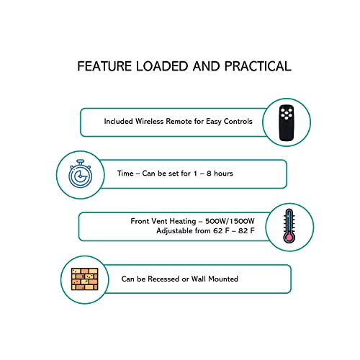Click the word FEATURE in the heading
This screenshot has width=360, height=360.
coord(104,66)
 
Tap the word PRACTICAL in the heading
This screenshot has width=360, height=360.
coord(258,66)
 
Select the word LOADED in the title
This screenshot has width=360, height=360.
coord(162,66)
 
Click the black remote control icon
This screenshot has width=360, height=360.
coord(287,122)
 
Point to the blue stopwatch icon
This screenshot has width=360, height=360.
coord(81,174)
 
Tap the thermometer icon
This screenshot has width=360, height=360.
coord(289,225)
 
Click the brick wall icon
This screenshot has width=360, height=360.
coord(84,279)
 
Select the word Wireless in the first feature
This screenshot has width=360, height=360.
coord(149,121)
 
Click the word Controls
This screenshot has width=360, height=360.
coord(238,121)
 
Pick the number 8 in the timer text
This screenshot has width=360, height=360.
coord(209,174)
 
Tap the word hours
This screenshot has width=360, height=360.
coord(223,174)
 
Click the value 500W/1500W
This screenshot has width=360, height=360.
coord(230,221)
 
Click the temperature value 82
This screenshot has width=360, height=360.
coord(243,231)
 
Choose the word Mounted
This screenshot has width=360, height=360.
coord(223,279)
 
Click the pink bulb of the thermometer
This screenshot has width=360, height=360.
coord(289,238)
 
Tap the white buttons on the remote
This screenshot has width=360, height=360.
coord(287,114)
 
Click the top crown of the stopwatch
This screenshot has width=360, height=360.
coord(81,161)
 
